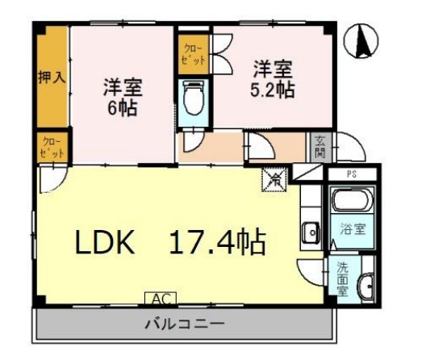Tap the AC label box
[x=158, y=298]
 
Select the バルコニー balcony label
[x=184, y=325]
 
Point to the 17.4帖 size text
[x=216, y=241]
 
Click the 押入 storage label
[x=51, y=79]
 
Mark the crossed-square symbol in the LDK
[x=274, y=179]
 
